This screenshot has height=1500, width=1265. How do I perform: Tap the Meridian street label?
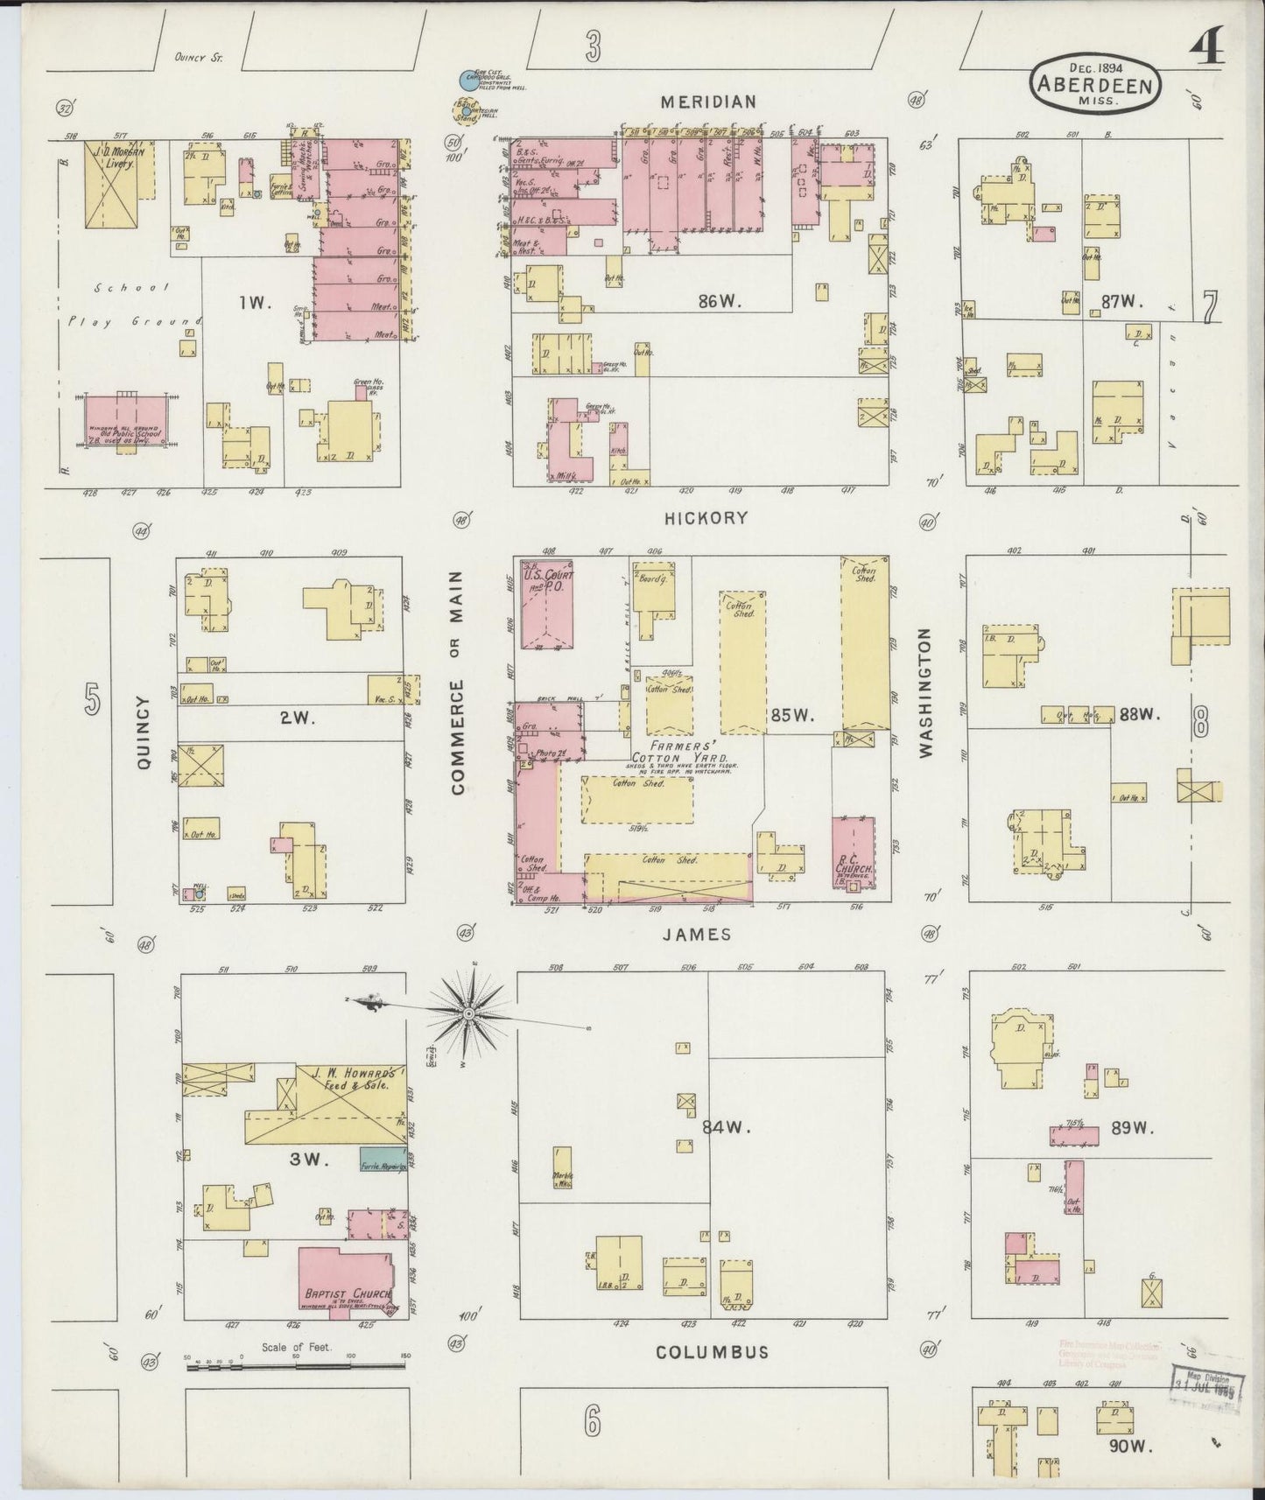708,102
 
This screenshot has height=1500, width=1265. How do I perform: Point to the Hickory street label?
706,518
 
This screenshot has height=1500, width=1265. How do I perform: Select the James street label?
708,935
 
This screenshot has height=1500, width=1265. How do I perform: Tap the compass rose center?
468,1013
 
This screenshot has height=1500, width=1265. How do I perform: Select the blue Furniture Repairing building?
382,1160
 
